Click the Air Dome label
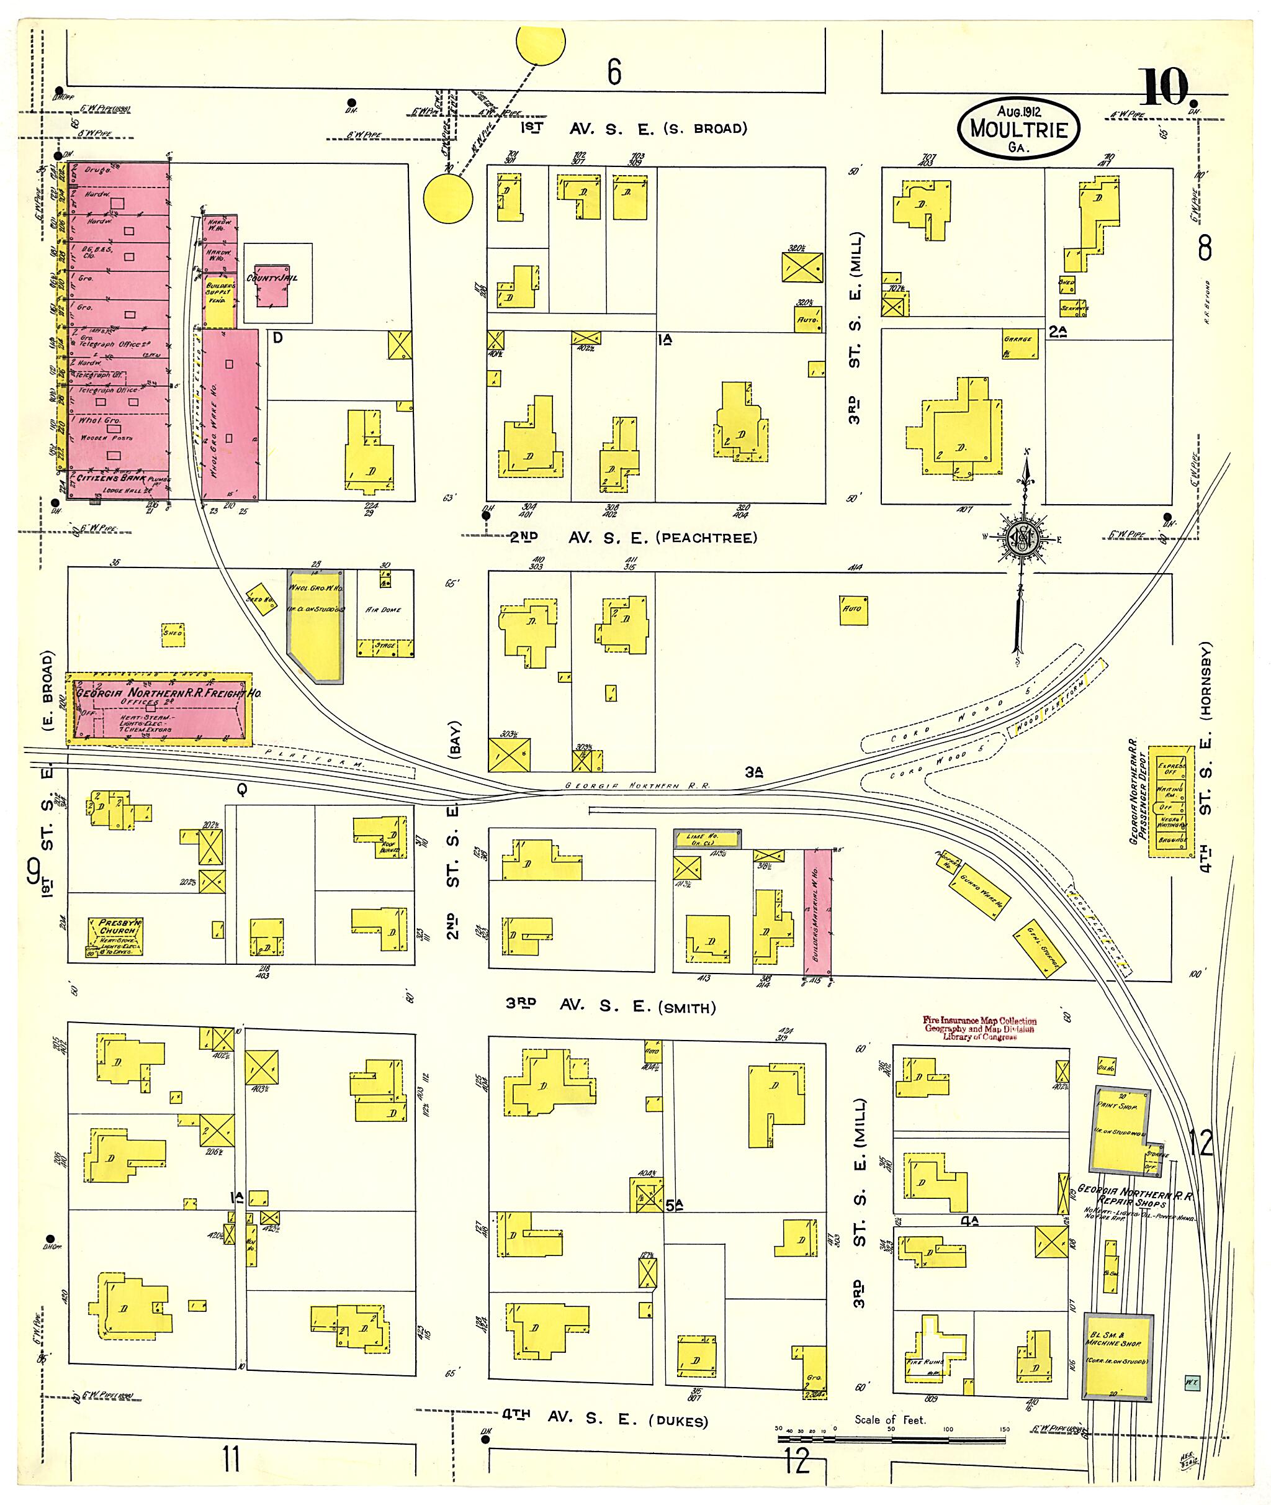pyautogui.click(x=384, y=609)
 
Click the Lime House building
pyautogui.click(x=706, y=838)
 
